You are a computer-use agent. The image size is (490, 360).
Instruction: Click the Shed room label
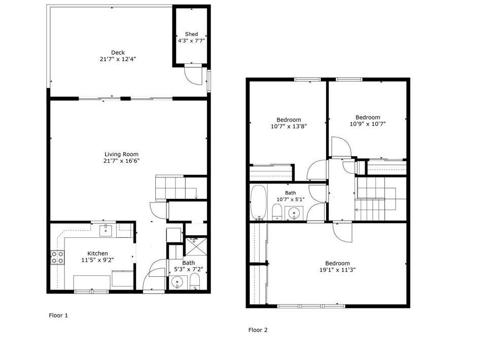pyautogui.click(x=191, y=34)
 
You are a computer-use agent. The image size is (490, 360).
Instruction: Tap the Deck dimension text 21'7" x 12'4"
pyautogui.click(x=118, y=59)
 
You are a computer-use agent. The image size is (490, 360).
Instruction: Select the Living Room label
pyautogui.click(x=121, y=154)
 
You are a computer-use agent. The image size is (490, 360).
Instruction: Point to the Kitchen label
pyautogui.click(x=97, y=254)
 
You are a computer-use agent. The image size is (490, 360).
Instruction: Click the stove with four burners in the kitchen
pyautogui.click(x=57, y=258)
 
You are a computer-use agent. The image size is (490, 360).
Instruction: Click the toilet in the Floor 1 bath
pyautogui.click(x=195, y=281)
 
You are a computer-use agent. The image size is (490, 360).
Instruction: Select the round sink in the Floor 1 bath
pyautogui.click(x=178, y=283)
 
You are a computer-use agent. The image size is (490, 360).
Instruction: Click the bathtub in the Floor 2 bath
pyautogui.click(x=258, y=202)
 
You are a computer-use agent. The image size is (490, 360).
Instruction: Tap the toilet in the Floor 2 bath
pyautogui.click(x=277, y=212)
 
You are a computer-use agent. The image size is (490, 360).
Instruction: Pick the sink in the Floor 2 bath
pyautogui.click(x=294, y=213)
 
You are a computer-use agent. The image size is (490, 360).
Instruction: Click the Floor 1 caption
pyautogui.click(x=58, y=315)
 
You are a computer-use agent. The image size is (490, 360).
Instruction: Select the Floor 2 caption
pyautogui.click(x=258, y=330)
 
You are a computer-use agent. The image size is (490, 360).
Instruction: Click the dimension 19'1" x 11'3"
pyautogui.click(x=337, y=270)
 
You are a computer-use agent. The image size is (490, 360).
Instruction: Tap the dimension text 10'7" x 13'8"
pyautogui.click(x=289, y=126)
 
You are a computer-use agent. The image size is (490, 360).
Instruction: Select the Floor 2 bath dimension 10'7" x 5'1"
pyautogui.click(x=290, y=199)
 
